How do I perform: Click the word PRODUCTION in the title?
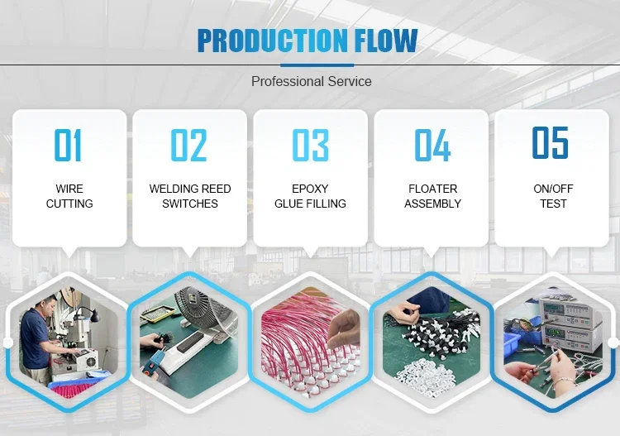[x=272, y=41]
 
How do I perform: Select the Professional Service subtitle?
[x=311, y=82]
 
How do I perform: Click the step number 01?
[x=68, y=145]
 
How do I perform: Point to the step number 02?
[x=188, y=145]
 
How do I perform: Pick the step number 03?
[x=310, y=145]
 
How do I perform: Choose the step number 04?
[x=432, y=145]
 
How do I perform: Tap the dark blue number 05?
[x=550, y=142]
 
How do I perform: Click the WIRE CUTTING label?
[x=69, y=196]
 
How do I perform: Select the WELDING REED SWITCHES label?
[x=190, y=196]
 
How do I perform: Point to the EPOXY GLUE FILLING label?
[x=310, y=196]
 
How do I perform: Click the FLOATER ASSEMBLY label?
[x=432, y=196]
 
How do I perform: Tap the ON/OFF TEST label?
[x=553, y=196]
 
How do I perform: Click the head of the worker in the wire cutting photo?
[x=46, y=304]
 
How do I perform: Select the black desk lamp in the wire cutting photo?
[x=93, y=316]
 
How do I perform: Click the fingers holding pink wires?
[x=343, y=328]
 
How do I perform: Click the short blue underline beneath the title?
[x=317, y=65]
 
